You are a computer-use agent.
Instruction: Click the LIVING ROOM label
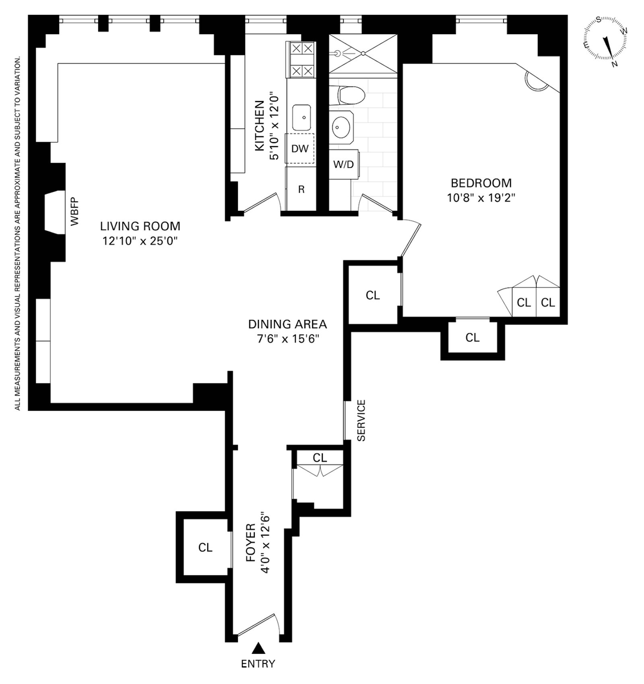coord(140,226)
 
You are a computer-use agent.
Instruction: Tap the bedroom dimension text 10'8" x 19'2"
coord(481,198)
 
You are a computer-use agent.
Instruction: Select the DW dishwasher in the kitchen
coord(299,148)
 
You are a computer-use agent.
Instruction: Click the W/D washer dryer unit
coord(343,164)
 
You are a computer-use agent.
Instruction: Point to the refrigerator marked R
coord(301,189)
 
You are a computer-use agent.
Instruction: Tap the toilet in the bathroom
coord(347,95)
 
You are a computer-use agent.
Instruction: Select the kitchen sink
coord(302,117)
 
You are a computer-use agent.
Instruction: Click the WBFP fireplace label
coord(75,211)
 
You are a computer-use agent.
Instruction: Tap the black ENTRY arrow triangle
coord(258,648)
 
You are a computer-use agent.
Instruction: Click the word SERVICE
coord(361,420)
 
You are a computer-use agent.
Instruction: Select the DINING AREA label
coord(287,324)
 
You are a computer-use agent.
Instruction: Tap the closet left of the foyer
coord(205,547)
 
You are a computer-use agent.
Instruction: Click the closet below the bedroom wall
coord(472,337)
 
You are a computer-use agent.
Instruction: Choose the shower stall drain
coord(363,54)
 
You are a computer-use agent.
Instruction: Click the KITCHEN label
coord(260,126)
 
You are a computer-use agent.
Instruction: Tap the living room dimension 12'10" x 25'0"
coord(140,241)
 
